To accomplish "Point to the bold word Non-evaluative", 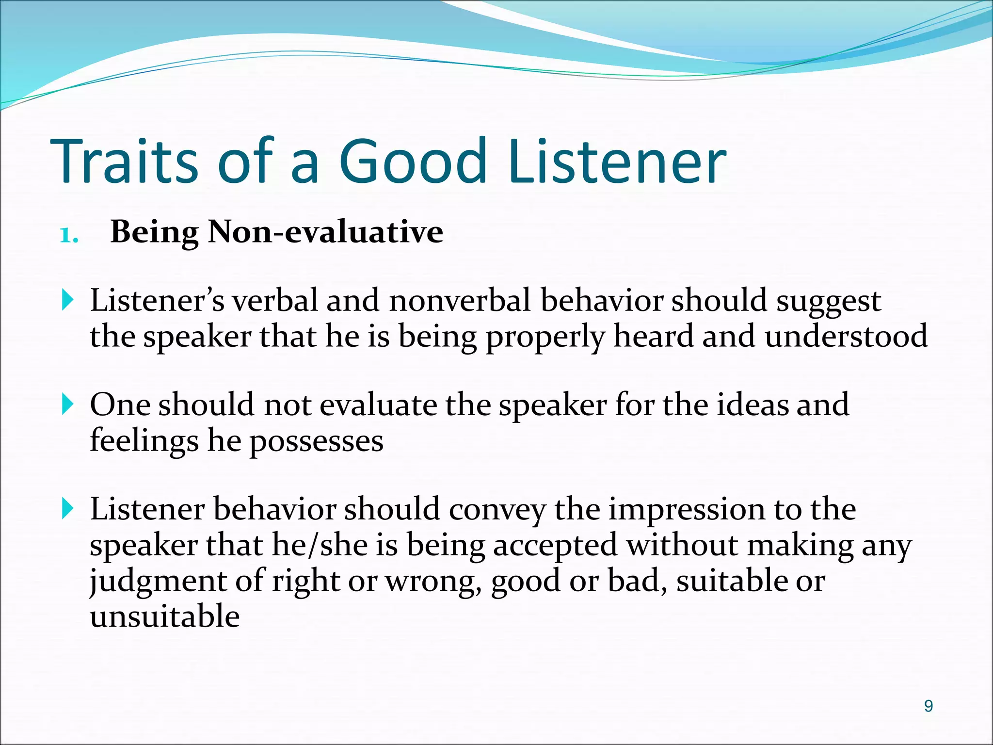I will pos(325,232).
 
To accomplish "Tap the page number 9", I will pos(928,706).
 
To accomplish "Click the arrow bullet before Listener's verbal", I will pos(68,301).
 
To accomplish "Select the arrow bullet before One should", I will pos(68,405).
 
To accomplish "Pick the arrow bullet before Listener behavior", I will pos(68,509).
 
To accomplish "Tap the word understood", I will pos(846,336).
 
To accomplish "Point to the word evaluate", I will pos(378,405).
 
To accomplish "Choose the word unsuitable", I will pos(165,616).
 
